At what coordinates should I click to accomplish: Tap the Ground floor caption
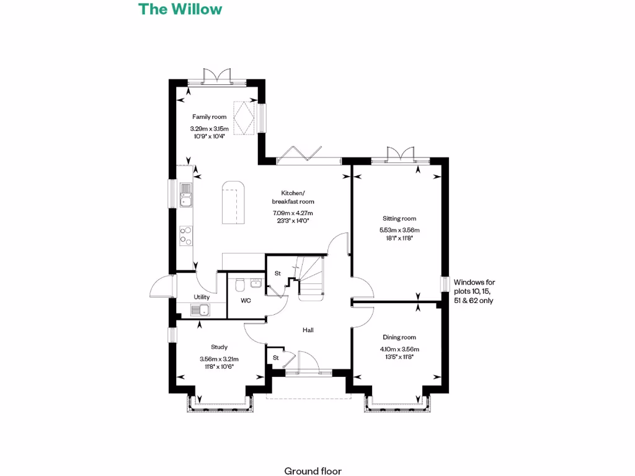pos(313,471)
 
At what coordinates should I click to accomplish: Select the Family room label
pos(209,117)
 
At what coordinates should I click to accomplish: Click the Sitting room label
pos(399,218)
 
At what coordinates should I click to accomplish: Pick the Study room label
pos(219,347)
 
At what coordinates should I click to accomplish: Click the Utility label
pos(202,297)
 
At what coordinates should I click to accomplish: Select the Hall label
pos(308,330)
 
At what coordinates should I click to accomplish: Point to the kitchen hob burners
pos(185,235)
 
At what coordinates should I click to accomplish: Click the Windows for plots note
pos(474,291)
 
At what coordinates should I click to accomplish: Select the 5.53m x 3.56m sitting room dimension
pos(399,231)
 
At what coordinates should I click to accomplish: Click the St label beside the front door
pos(275,358)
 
